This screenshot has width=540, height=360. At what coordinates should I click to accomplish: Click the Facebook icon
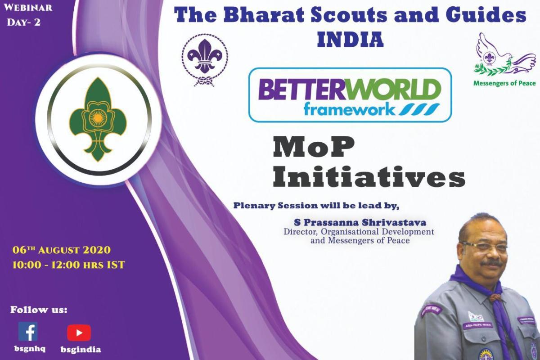28,331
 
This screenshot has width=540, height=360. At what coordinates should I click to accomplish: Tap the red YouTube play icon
79,333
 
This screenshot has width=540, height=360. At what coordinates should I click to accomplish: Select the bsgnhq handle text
27,349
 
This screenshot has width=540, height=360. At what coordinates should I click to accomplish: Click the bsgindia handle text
81,350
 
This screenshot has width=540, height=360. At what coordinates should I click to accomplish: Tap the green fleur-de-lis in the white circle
94,119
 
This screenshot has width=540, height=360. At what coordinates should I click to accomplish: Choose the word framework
348,108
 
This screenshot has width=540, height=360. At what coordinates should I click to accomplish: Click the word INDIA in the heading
350,39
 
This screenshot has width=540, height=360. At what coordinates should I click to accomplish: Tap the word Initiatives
369,178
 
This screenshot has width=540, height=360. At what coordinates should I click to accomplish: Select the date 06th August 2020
62,250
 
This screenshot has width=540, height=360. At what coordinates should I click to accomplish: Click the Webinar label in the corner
29,8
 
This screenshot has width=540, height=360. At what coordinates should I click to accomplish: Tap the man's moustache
492,263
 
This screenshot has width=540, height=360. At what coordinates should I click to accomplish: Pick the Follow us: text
39,310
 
